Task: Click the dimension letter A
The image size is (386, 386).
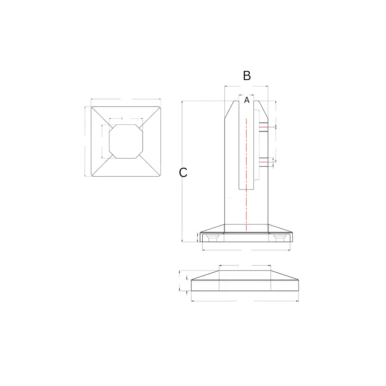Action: (x=247, y=101)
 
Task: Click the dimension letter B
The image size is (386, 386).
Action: (x=247, y=76)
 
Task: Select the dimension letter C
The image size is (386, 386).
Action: (x=183, y=173)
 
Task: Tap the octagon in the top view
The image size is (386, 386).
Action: (x=126, y=141)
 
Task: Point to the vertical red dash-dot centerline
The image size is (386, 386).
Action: (x=246, y=175)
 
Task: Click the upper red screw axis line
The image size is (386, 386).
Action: (x=263, y=127)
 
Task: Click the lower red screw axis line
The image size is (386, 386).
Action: (x=263, y=162)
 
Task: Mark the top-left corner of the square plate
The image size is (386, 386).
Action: (x=91, y=107)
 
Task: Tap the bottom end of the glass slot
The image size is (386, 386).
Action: (x=246, y=189)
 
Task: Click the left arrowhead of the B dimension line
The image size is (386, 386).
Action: (x=226, y=86)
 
